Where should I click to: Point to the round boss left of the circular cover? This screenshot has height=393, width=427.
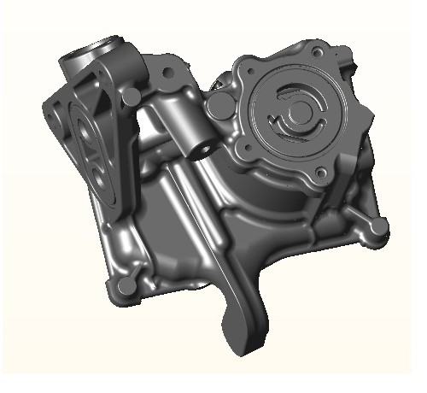pos(219,107)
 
